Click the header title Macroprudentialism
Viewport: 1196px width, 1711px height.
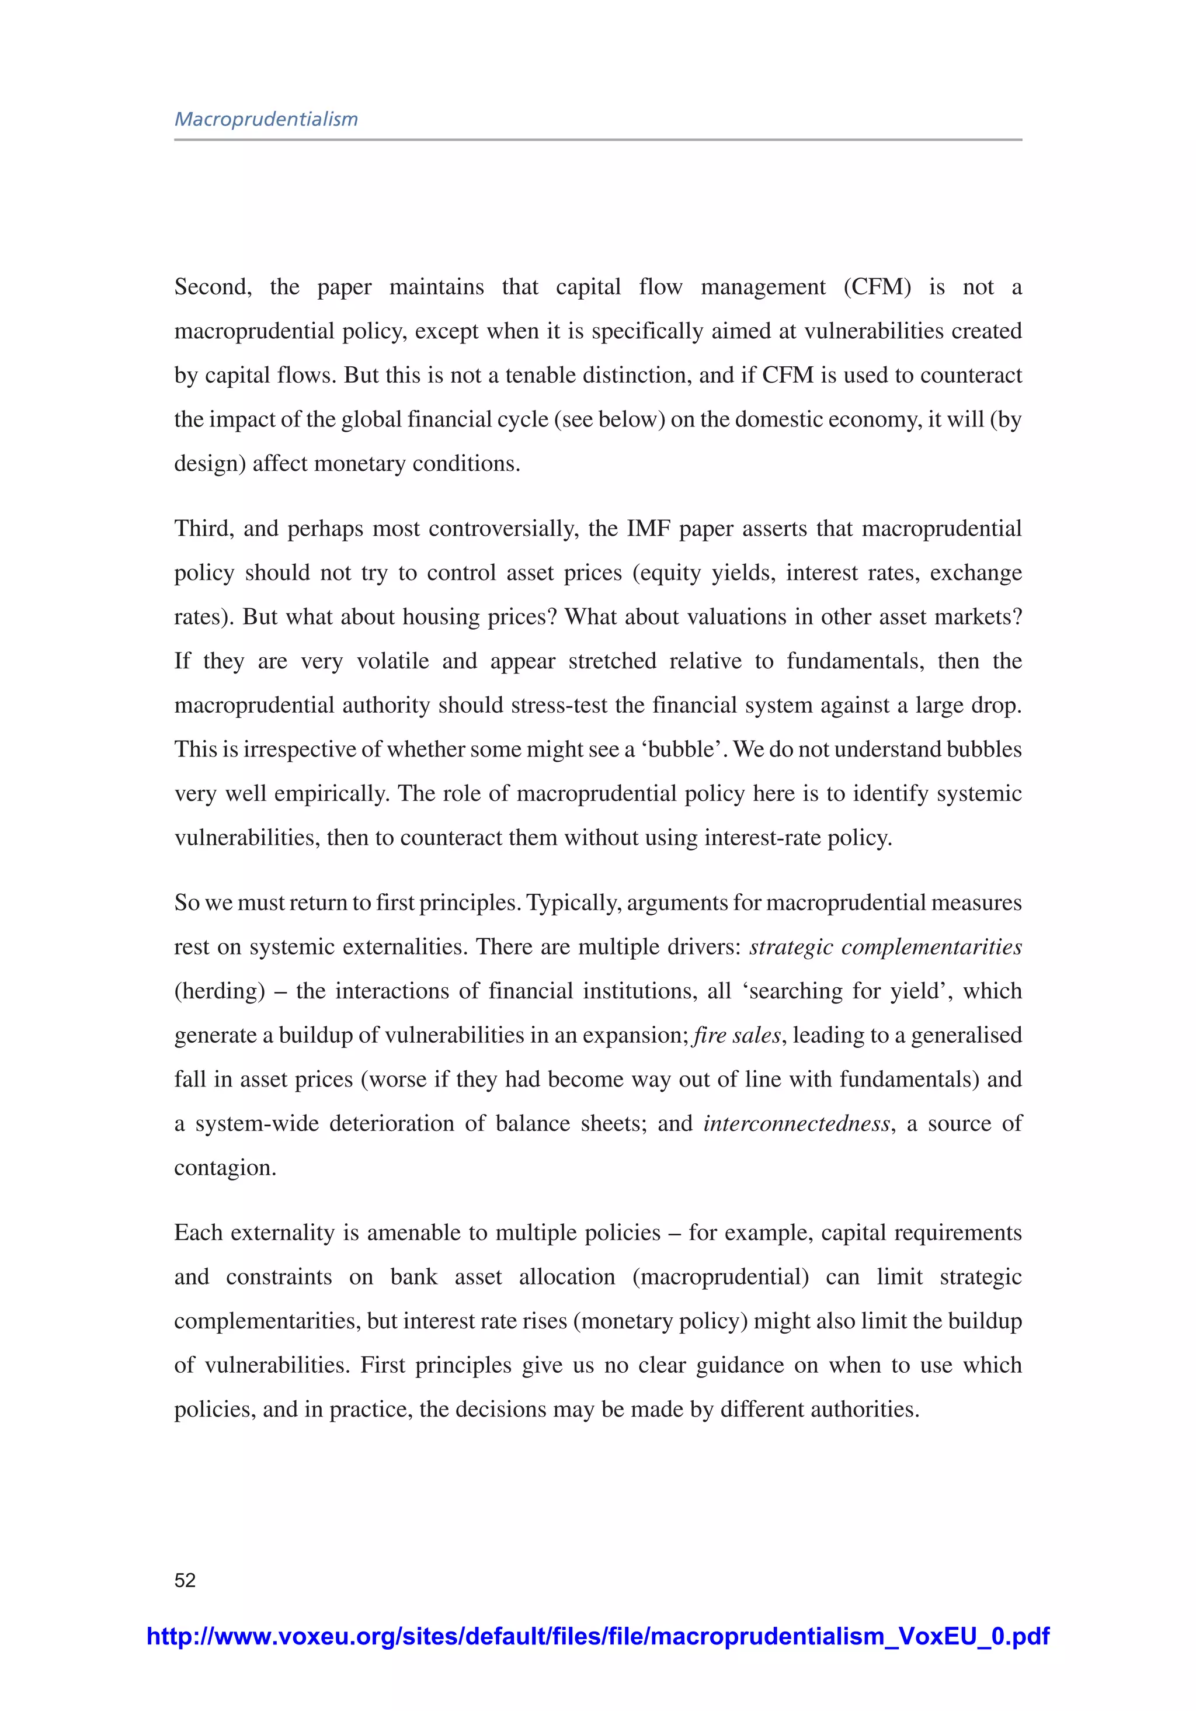(266, 119)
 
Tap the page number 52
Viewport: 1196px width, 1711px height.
(185, 1580)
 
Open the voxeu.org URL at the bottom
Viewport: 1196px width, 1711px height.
(597, 1636)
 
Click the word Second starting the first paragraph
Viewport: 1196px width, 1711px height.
(213, 287)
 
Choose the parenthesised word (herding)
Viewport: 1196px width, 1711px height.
(220, 991)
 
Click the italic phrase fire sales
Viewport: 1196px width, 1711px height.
(737, 1035)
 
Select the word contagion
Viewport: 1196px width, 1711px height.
(224, 1168)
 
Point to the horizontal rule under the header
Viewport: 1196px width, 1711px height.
(597, 140)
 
